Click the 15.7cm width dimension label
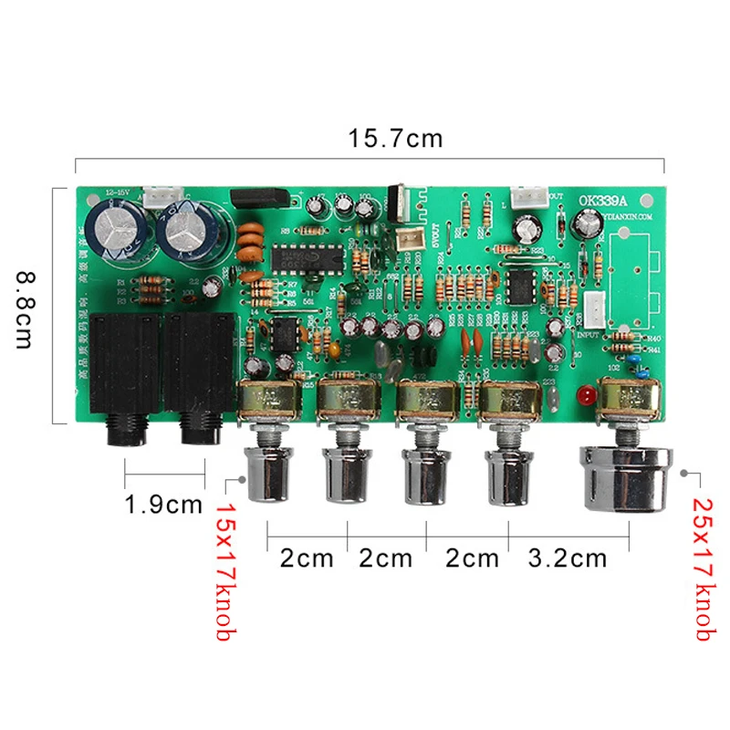(395, 139)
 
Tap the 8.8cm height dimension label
(24, 306)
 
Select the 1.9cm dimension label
(164, 505)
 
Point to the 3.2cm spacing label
(568, 558)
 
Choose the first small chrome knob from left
(268, 475)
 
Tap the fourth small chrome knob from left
(505, 475)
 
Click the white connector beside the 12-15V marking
(162, 197)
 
